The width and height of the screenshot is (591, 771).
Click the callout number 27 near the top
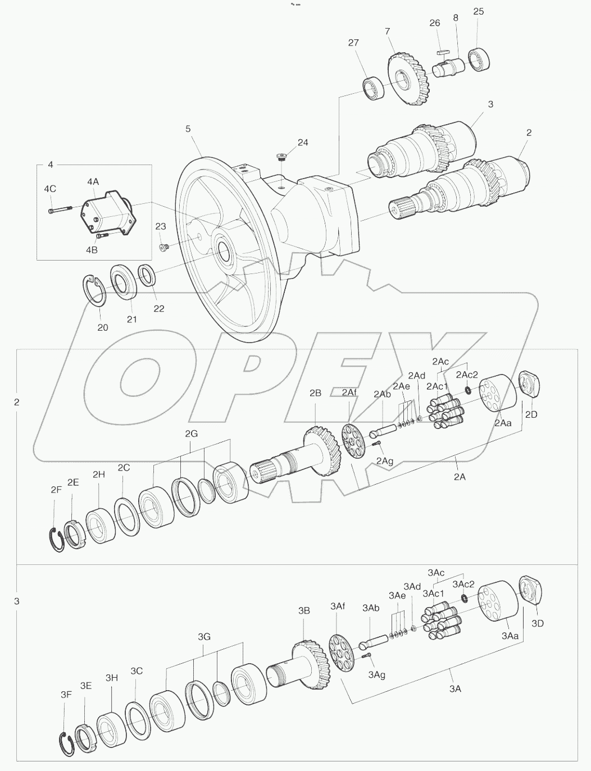(x=353, y=43)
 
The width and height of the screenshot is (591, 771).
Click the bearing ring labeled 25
(x=479, y=59)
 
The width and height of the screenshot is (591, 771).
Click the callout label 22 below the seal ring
(x=159, y=308)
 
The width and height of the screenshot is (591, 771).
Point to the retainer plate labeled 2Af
(x=354, y=441)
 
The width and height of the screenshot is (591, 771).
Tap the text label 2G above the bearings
(x=191, y=434)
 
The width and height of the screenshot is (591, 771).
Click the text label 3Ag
(x=376, y=674)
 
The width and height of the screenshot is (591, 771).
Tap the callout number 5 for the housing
(x=188, y=129)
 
